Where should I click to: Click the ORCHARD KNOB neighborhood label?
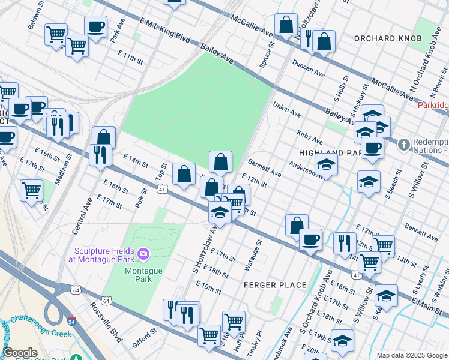pos(388,38)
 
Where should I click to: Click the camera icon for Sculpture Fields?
pos(143,254)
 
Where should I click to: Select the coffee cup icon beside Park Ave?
pos(95,26)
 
